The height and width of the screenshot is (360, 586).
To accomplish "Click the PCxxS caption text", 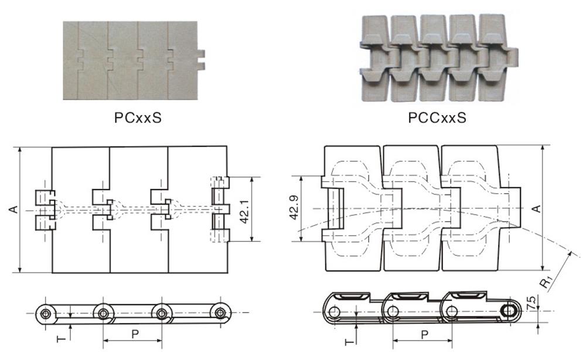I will [138, 118].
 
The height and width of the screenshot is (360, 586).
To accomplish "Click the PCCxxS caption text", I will [437, 118].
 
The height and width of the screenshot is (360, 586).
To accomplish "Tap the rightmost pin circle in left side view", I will [220, 312].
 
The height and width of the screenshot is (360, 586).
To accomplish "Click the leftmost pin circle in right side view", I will [334, 312].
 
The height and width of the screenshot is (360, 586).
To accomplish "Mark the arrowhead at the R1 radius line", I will [570, 253].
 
